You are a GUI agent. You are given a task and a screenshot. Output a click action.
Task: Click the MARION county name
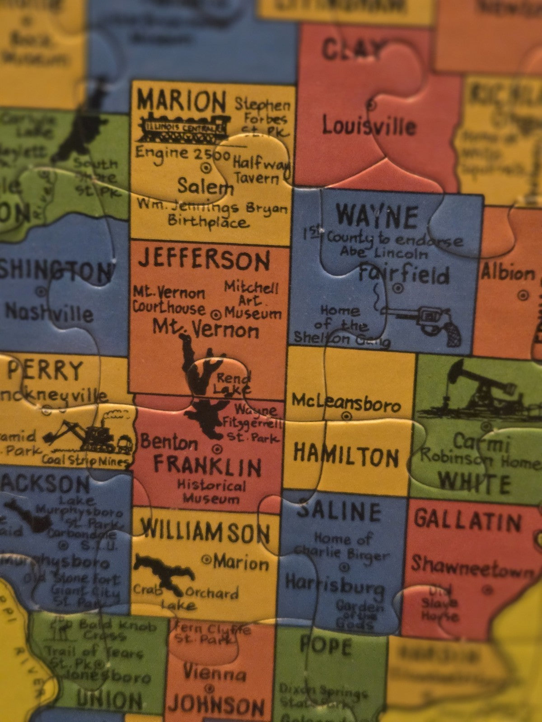click(x=182, y=101)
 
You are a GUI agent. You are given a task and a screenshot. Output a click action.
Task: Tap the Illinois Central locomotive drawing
click(x=183, y=128)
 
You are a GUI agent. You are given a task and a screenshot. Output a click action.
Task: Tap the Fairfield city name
click(x=404, y=274)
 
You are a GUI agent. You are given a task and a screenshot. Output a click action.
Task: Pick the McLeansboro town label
click(x=346, y=402)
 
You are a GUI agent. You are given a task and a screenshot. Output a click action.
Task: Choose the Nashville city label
click(x=49, y=312)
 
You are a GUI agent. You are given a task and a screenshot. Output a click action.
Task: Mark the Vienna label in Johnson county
click(x=214, y=673)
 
